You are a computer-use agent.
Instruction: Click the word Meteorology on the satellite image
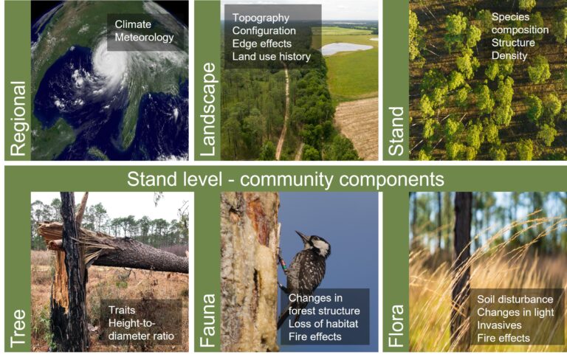(x=144, y=38)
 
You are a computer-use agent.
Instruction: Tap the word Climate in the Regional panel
(x=133, y=24)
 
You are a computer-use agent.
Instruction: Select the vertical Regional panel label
(x=18, y=119)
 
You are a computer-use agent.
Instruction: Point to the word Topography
(x=261, y=18)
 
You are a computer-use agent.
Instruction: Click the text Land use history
(x=272, y=57)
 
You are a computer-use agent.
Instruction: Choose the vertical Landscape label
(x=208, y=109)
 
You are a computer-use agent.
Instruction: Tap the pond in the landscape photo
(x=346, y=48)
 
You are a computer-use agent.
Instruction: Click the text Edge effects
(x=262, y=44)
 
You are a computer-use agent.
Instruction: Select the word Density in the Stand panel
(x=509, y=56)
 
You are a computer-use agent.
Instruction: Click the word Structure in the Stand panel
(x=513, y=43)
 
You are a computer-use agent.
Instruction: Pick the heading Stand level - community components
(x=285, y=179)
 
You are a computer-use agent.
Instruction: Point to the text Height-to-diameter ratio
(x=141, y=330)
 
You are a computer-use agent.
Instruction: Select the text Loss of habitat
(x=323, y=324)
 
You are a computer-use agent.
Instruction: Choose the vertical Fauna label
(x=208, y=321)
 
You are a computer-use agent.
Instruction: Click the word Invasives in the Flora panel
(x=499, y=325)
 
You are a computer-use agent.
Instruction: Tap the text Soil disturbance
(x=515, y=300)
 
